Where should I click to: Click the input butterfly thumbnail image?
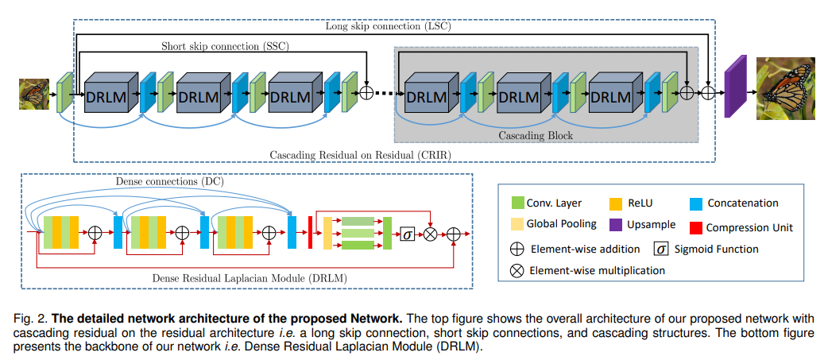(34, 94)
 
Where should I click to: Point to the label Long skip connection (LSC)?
(388, 26)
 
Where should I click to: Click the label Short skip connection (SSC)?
(225, 46)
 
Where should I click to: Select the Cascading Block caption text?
(536, 136)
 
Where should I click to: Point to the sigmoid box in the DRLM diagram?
(407, 234)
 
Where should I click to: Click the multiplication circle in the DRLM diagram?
(431, 234)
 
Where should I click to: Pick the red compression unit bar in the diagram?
(311, 232)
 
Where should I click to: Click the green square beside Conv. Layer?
(519, 203)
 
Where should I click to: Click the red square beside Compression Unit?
(697, 227)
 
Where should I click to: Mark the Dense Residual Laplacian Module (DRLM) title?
(250, 277)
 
